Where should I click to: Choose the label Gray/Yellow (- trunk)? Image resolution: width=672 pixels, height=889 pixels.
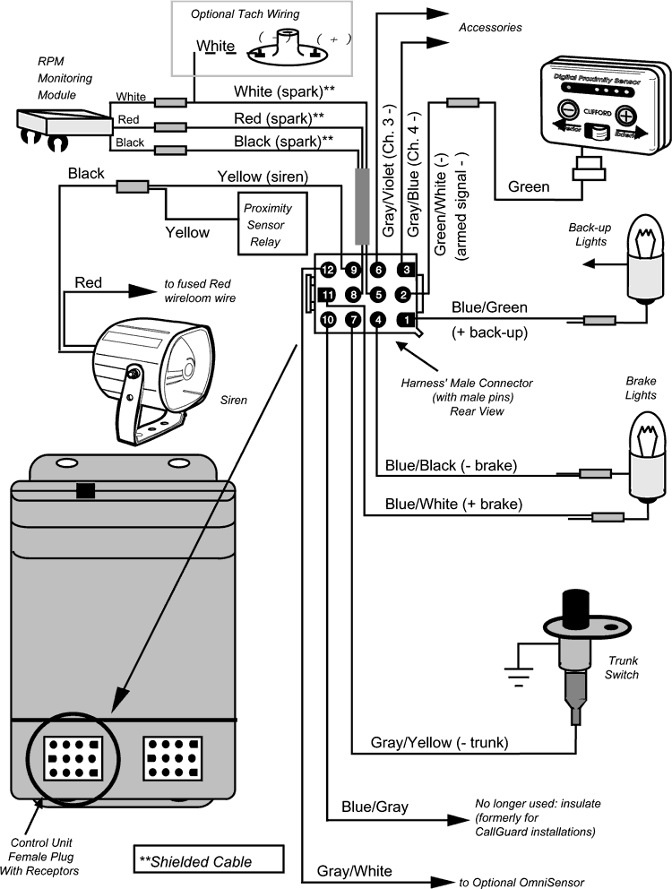440,743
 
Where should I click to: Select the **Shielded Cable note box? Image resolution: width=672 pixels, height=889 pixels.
207,862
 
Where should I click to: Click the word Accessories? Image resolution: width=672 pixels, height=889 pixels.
490,27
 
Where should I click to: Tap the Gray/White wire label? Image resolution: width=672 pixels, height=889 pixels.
354,870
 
